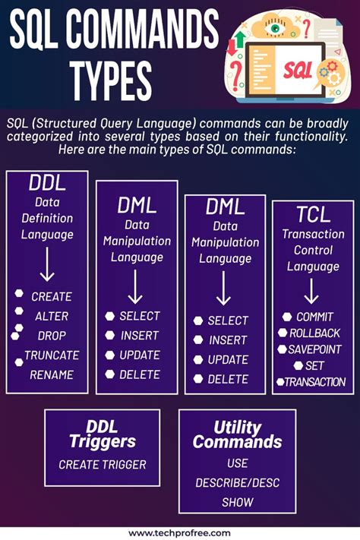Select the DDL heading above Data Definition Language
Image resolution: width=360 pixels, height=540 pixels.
click(47, 183)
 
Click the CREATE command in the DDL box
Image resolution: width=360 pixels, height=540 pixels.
click(52, 296)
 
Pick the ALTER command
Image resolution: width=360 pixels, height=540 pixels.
click(51, 316)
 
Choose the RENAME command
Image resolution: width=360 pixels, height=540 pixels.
click(52, 374)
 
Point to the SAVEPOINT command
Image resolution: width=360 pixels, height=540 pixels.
click(314, 349)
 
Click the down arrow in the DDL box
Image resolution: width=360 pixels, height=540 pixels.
click(47, 265)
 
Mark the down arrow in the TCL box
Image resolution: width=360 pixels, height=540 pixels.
click(312, 291)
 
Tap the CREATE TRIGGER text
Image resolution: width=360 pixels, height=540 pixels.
click(103, 465)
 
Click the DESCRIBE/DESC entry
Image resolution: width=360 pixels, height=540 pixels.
click(237, 482)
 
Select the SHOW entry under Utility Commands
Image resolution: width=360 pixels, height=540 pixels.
click(237, 502)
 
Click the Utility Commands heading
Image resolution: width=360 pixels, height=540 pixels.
click(237, 434)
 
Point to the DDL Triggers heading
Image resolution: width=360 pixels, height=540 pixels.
click(103, 434)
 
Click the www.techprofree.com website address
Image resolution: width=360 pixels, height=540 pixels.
click(180, 533)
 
